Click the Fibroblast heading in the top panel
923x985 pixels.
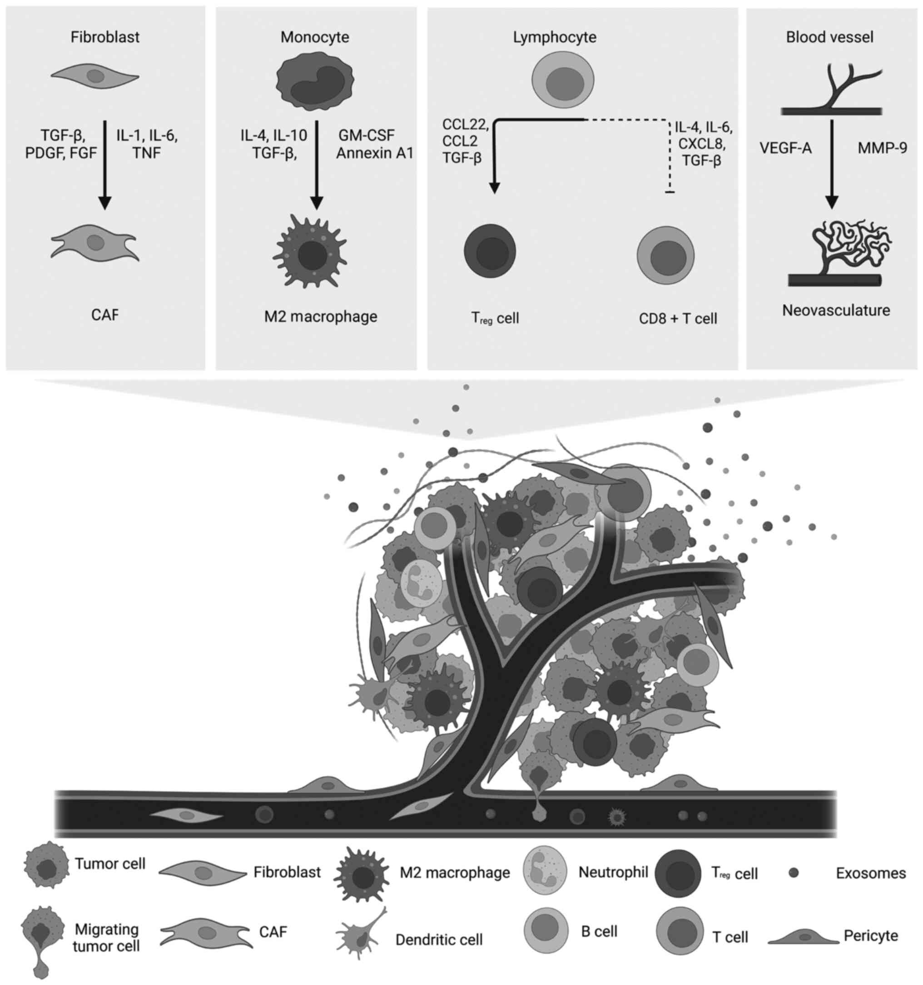point(105,37)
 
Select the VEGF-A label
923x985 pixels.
point(786,148)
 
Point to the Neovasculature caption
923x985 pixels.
point(836,311)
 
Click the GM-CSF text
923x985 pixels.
point(367,135)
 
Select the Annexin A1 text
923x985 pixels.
point(375,153)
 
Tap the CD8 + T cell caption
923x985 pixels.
point(678,318)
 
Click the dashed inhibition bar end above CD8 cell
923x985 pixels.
point(670,192)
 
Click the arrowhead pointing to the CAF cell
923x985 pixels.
point(105,203)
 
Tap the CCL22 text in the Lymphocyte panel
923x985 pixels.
point(465,124)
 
